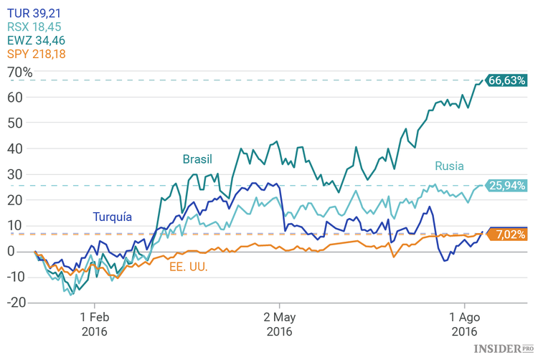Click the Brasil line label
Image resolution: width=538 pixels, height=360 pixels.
coord(197,158)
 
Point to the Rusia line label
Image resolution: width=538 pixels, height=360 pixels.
coord(449,166)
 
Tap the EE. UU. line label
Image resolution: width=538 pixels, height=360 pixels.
coord(189,267)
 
